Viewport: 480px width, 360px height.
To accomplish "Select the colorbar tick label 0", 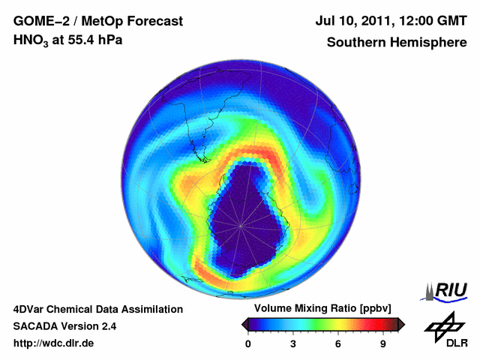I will click(248, 343).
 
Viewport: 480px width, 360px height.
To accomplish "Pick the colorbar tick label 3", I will click(293, 343).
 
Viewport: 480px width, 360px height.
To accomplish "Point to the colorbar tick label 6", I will click(338, 343).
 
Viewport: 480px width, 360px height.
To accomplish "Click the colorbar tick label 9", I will click(382, 343).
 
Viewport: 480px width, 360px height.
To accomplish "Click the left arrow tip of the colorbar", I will click(244, 324).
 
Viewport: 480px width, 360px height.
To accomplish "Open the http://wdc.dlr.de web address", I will click(54, 343).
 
